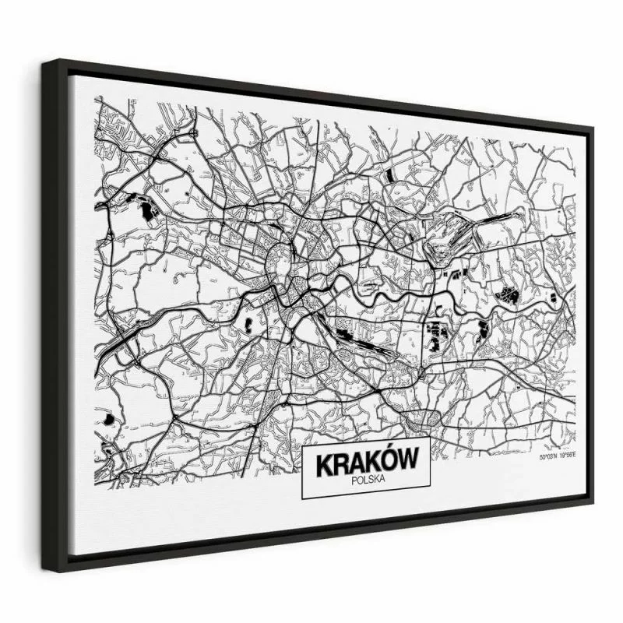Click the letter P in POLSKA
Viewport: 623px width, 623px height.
pos(353,481)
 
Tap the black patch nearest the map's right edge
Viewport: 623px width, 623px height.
pos(553,298)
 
